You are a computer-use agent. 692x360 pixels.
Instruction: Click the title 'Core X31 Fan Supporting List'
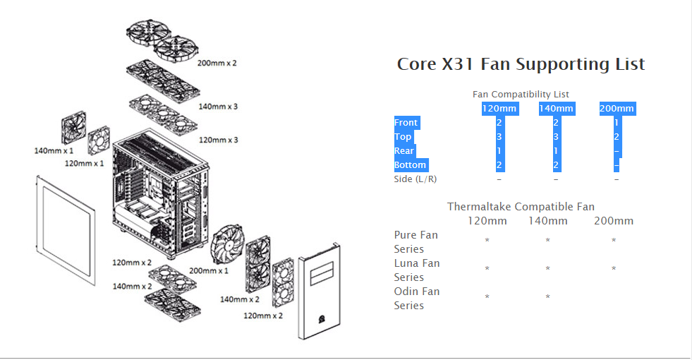tap(521, 64)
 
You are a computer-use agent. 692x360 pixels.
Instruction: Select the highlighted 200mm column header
tap(617, 109)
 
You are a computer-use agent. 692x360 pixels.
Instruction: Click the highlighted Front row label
tap(406, 123)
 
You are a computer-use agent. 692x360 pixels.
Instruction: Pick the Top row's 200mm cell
tap(617, 137)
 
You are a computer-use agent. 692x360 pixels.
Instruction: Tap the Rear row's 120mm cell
tap(499, 151)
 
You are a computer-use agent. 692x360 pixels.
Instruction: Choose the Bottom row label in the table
tap(410, 165)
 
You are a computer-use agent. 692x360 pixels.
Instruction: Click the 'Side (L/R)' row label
tap(415, 179)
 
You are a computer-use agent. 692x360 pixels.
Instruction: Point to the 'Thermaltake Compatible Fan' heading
tap(521, 207)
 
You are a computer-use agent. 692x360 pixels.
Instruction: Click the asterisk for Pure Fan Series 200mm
tap(614, 241)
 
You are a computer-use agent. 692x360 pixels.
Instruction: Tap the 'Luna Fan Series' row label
tap(417, 270)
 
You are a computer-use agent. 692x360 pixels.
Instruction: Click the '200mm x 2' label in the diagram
tap(217, 63)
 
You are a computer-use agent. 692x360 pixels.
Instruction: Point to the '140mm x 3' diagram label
tap(218, 107)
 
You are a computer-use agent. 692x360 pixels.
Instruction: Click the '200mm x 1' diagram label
tap(209, 270)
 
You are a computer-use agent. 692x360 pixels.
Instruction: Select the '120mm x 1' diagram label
tap(84, 164)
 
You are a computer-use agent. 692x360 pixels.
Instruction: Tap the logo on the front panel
tap(321, 318)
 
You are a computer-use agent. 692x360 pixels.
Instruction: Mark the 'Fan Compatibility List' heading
tap(521, 94)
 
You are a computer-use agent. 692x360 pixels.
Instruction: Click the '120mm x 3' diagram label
tap(218, 140)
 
